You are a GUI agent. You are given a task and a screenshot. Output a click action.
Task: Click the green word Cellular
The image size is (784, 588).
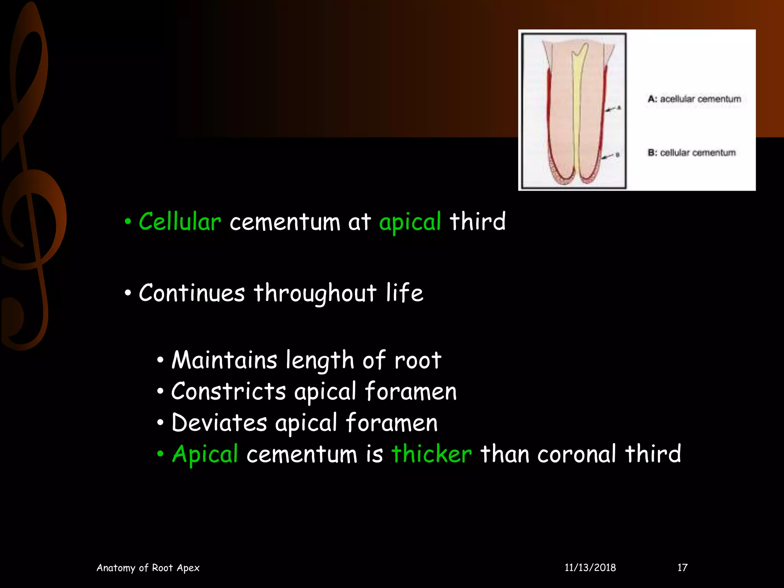(180, 222)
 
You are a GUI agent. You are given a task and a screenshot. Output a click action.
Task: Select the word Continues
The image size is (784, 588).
(192, 294)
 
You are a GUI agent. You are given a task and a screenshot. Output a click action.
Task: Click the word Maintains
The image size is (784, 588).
(224, 361)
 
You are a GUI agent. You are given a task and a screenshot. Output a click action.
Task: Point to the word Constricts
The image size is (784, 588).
(229, 392)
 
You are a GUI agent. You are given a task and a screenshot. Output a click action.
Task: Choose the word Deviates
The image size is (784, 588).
(219, 423)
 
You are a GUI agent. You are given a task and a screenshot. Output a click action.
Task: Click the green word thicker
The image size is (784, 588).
(431, 454)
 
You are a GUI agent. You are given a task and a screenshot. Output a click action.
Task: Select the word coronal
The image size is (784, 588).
(577, 454)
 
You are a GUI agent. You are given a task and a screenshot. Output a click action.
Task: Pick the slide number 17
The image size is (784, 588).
(683, 568)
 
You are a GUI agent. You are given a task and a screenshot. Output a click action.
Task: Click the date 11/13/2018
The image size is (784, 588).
(590, 568)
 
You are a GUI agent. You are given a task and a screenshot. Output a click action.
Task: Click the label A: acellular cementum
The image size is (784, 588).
(694, 99)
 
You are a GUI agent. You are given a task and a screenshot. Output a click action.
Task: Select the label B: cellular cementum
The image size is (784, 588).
(692, 153)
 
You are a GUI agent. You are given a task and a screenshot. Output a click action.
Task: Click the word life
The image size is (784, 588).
(404, 294)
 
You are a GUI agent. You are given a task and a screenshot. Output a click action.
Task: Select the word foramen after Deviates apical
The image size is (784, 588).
(392, 423)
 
